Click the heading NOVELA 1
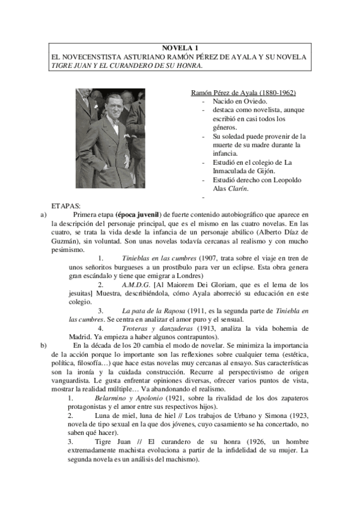pyautogui.click(x=180, y=48)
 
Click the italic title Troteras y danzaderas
pyautogui.click(x=157, y=328)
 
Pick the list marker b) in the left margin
pyautogui.click(x=43, y=345)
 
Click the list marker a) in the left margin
pyautogui.click(x=43, y=214)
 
